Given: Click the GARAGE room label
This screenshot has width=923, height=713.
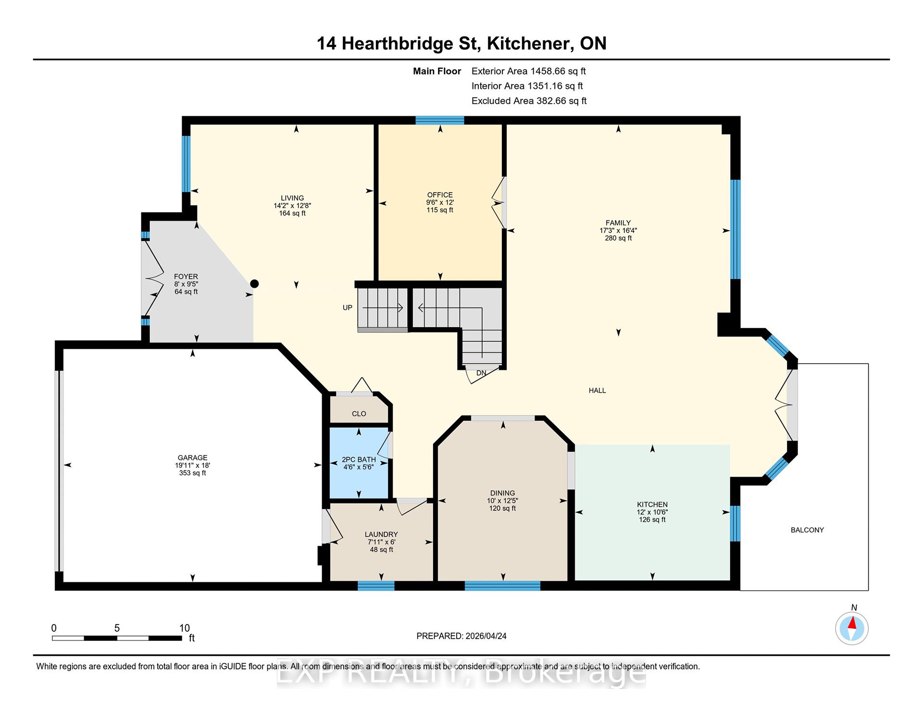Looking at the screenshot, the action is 192,458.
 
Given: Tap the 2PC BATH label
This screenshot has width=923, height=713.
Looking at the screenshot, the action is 359,459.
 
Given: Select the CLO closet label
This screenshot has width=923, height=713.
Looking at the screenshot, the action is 359,414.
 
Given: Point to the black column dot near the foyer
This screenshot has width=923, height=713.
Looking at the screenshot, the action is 254,283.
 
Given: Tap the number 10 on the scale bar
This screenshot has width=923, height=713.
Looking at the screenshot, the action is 185,628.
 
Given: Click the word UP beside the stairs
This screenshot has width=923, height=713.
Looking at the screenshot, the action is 347,307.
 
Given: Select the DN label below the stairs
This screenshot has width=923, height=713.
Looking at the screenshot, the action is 481,373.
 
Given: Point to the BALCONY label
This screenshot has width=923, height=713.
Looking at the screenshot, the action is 807,530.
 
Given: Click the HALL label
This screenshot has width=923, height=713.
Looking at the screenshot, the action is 597,391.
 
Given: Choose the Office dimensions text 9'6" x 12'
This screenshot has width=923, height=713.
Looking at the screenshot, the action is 440,202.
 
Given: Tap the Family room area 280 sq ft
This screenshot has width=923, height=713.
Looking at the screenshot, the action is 618,238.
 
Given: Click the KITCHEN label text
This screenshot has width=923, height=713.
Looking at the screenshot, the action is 652,504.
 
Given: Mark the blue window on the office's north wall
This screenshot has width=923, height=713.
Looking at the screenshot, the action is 440,120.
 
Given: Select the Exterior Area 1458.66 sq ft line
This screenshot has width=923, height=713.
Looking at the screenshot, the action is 529,71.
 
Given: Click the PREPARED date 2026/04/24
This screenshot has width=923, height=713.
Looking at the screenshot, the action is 486,636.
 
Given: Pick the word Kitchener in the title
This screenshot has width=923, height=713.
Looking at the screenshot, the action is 530,44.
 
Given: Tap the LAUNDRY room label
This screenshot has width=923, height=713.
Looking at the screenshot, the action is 381,534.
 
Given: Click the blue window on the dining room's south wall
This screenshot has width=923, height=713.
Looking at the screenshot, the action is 502,586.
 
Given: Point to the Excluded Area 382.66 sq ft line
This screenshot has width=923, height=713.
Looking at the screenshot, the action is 529,101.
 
